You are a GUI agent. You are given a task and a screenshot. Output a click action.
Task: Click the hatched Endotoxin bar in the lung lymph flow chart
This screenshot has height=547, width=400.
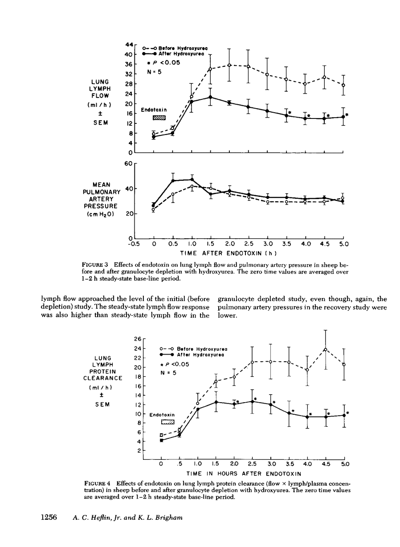[x=159, y=118]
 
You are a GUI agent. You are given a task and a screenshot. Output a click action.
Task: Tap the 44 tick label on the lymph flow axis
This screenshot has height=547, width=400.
[x=129, y=44]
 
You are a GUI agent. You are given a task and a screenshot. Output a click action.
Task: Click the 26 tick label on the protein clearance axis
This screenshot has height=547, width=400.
[x=137, y=339]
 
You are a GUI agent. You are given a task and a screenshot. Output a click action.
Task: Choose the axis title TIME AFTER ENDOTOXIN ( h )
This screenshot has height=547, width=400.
[x=239, y=254]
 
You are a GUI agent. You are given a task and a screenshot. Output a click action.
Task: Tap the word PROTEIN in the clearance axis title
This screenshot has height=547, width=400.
[x=103, y=371]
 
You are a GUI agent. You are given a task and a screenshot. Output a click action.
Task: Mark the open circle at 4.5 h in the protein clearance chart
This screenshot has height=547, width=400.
[x=326, y=349]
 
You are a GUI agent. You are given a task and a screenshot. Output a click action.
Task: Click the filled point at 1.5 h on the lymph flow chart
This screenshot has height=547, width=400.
[x=210, y=97]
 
